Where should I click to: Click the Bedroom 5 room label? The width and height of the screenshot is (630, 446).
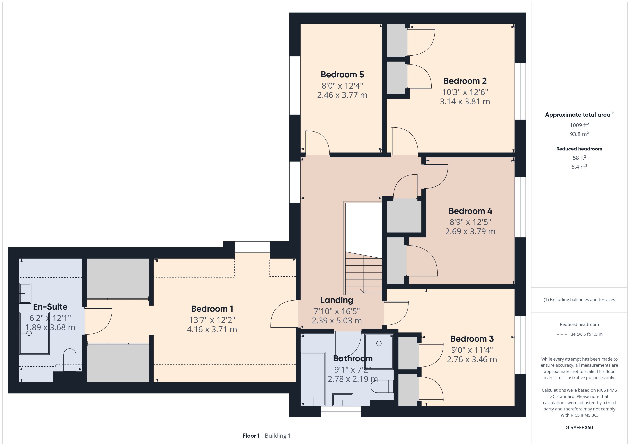point(342,75)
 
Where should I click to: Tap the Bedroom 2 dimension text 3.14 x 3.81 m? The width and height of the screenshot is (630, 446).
point(465,102)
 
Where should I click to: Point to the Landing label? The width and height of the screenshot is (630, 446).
point(337,300)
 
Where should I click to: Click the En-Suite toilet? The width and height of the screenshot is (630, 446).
point(70,360)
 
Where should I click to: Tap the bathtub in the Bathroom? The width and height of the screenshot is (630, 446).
point(313,379)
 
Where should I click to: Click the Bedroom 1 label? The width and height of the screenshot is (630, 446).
point(212,309)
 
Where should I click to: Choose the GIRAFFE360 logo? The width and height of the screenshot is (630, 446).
point(579,428)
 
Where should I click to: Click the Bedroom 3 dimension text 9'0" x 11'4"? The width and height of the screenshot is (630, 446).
point(472,350)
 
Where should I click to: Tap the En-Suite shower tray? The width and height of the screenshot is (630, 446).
point(34,333)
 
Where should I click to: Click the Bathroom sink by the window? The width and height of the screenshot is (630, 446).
point(342,400)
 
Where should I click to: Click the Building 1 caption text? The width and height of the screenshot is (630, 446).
point(278,436)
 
